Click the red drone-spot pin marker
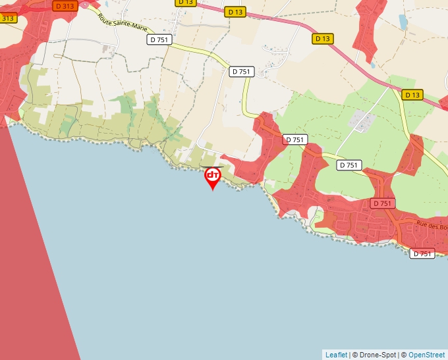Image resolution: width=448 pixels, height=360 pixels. (212, 176)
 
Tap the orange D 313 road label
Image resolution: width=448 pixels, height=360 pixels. (65, 5)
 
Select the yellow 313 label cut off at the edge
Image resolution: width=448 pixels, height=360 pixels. (7, 18)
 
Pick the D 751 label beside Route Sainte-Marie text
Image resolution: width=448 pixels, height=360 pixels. (159, 39)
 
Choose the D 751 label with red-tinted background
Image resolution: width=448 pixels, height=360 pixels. (382, 203)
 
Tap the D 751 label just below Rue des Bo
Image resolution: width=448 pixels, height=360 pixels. (422, 253)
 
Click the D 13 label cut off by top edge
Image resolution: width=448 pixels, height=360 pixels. (186, 3)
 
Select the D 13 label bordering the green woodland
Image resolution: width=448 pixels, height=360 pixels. (412, 95)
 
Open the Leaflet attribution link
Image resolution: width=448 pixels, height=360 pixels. (336, 355)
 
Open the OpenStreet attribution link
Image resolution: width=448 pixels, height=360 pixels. (426, 355)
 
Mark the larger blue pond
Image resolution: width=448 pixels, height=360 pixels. (403, 22)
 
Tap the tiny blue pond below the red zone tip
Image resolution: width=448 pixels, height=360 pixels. (372, 65)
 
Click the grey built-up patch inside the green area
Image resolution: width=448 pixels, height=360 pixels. (362, 120)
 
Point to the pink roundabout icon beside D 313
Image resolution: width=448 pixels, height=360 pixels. (84, 5)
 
